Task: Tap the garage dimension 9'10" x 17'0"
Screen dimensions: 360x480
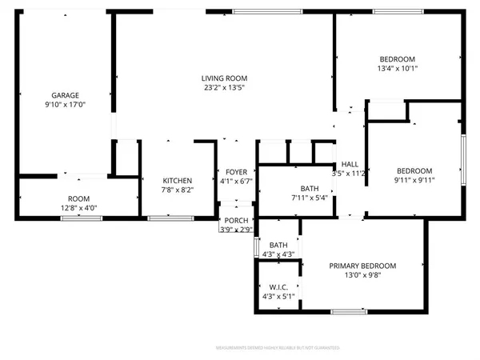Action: pyautogui.click(x=65, y=104)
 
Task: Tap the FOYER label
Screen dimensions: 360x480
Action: pyautogui.click(x=236, y=172)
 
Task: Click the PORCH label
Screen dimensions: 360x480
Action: pyautogui.click(x=236, y=221)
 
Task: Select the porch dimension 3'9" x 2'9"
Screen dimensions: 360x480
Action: pyautogui.click(x=236, y=230)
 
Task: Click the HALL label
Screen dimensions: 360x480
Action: pyautogui.click(x=349, y=164)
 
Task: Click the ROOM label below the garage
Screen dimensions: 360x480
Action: pyautogui.click(x=78, y=198)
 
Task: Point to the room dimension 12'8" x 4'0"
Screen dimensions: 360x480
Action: pyautogui.click(x=78, y=208)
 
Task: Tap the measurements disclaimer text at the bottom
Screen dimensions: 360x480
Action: pyautogui.click(x=240, y=348)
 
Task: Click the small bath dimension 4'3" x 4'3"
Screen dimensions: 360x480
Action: pyautogui.click(x=278, y=254)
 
